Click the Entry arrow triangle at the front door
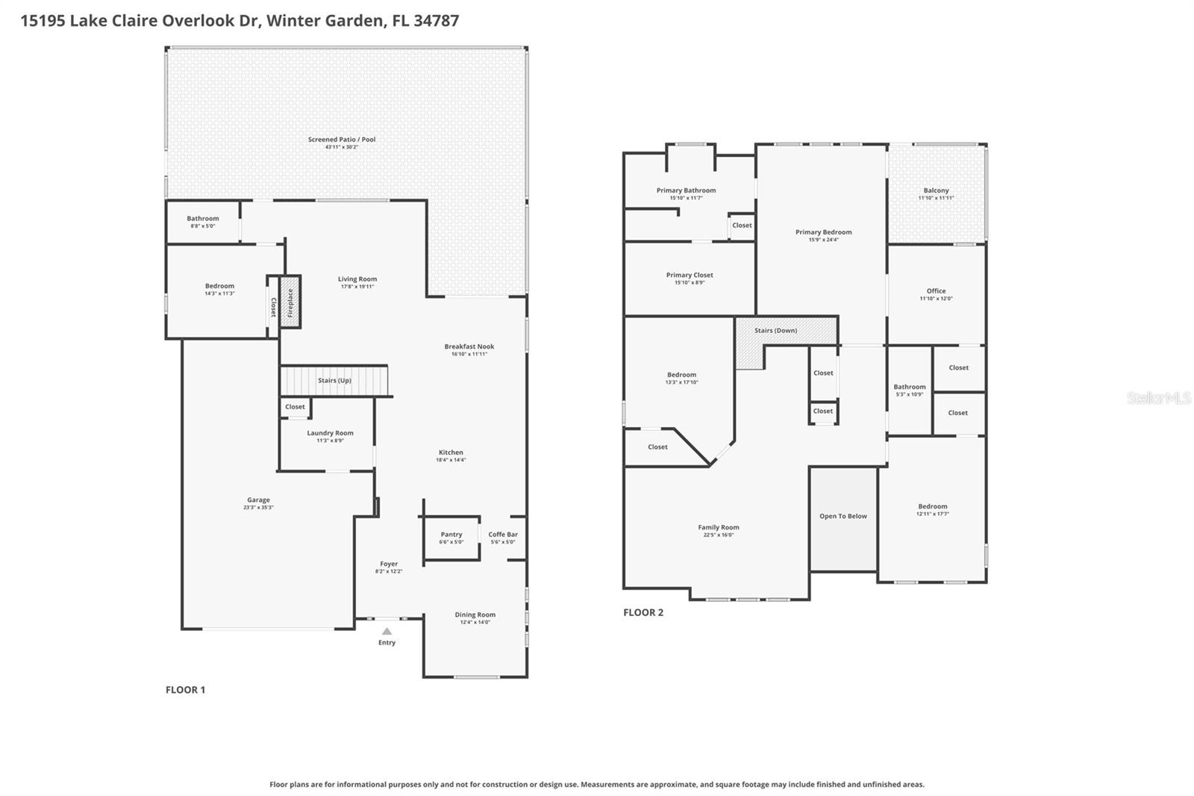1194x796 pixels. (x=387, y=631)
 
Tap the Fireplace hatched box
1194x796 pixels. (x=290, y=302)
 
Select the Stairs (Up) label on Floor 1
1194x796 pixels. (x=334, y=380)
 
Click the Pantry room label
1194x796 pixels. (x=451, y=534)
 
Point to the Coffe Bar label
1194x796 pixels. (x=503, y=534)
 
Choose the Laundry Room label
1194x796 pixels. (x=330, y=432)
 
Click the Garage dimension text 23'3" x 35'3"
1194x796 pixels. (x=258, y=508)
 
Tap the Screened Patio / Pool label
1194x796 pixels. (x=342, y=139)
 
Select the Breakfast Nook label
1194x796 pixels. (x=469, y=346)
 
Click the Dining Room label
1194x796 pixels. (x=475, y=615)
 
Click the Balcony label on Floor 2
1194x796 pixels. (x=936, y=190)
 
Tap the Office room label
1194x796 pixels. (x=936, y=290)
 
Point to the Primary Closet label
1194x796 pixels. (x=690, y=275)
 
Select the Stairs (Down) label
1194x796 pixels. (x=775, y=330)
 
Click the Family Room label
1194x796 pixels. (x=719, y=527)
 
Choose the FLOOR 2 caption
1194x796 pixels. (x=643, y=612)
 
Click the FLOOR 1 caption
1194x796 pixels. (x=185, y=690)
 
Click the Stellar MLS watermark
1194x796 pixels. (x=1158, y=398)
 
